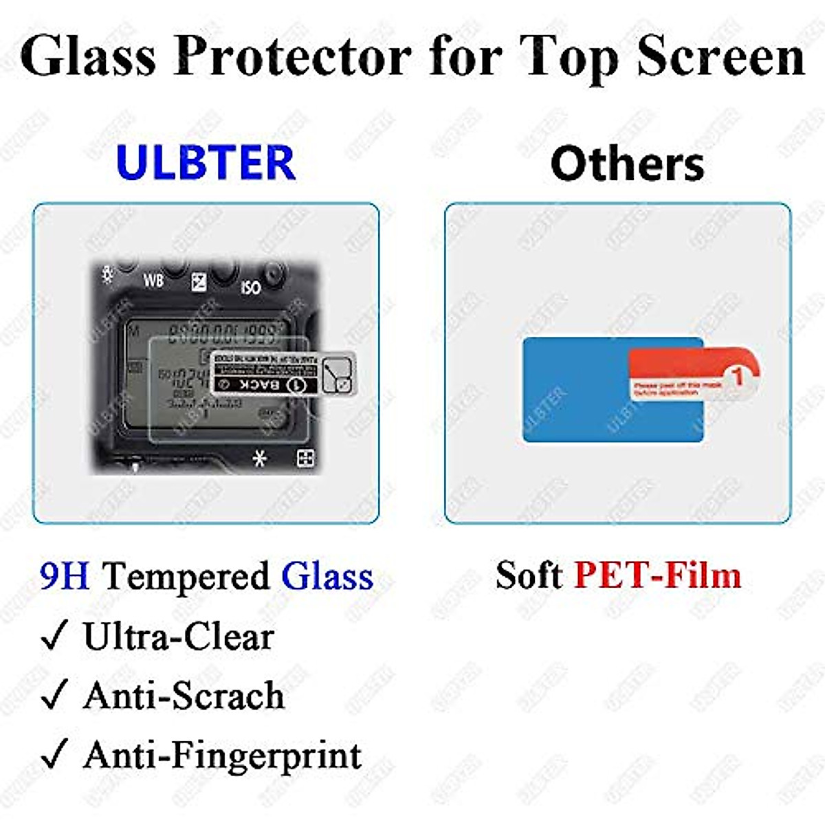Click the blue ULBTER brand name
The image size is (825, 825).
pyautogui.click(x=206, y=162)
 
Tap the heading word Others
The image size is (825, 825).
pyautogui.click(x=627, y=164)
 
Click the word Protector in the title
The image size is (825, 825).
pyautogui.click(x=292, y=56)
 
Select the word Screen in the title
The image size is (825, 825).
pyautogui.click(x=720, y=56)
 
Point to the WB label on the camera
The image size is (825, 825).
pyautogui.click(x=153, y=280)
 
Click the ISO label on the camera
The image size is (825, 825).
pyautogui.click(x=250, y=287)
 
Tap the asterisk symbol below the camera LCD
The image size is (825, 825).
pyautogui.click(x=259, y=458)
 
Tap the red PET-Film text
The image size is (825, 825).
pyautogui.click(x=657, y=575)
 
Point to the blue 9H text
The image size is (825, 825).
pyautogui.click(x=65, y=576)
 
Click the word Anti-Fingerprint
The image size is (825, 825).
pyautogui.click(x=222, y=756)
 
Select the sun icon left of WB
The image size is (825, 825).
pyautogui.click(x=107, y=274)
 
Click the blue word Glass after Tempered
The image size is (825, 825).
pyautogui.click(x=327, y=576)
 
